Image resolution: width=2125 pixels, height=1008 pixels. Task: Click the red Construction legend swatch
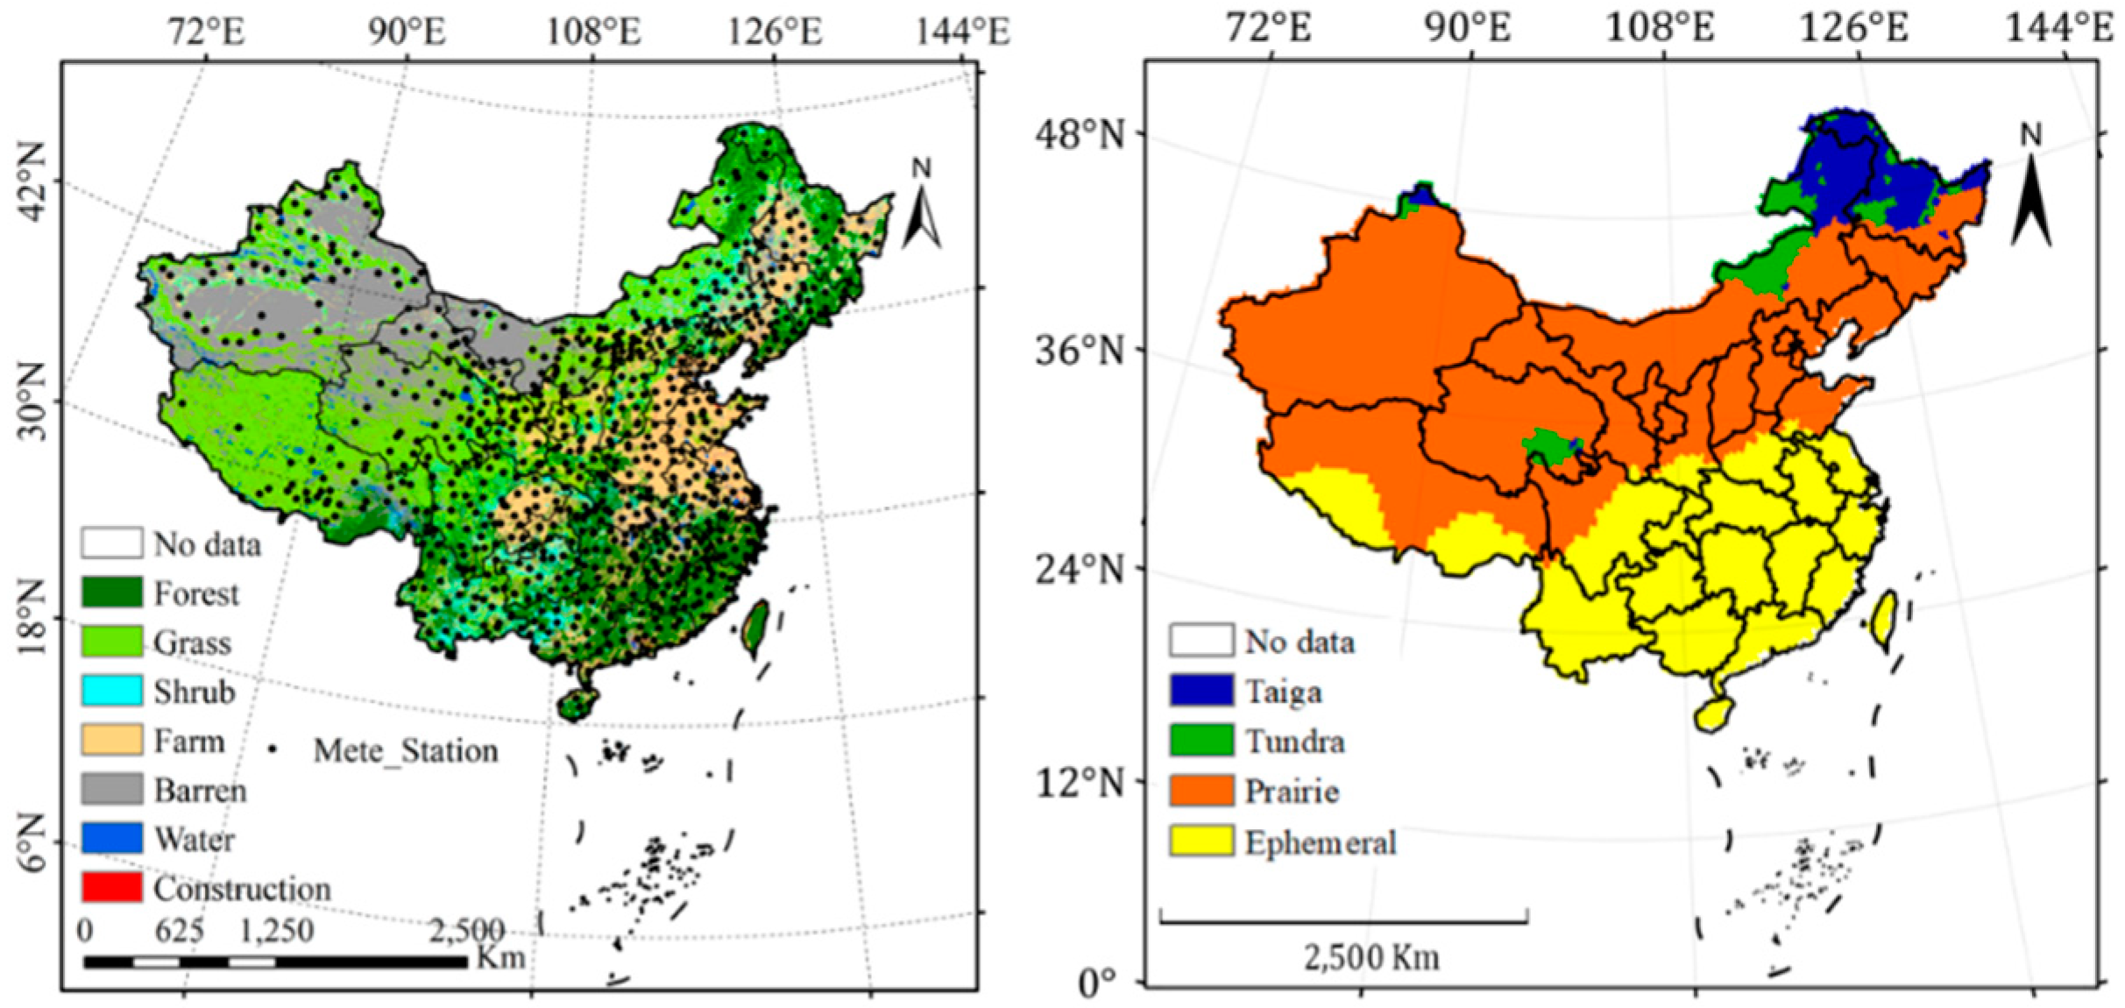tap(111, 887)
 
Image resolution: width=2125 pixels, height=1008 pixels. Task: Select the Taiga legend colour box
tap(1201, 691)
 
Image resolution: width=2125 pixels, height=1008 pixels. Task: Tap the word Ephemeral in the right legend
tap(1321, 842)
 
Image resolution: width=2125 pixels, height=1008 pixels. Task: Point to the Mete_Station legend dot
tap(273, 749)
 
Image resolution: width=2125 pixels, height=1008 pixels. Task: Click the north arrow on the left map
tap(921, 210)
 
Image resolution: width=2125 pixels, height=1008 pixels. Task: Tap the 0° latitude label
tap(1098, 983)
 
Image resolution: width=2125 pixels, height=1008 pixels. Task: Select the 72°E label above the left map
tap(207, 32)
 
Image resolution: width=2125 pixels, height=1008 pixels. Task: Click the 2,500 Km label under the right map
tap(1371, 957)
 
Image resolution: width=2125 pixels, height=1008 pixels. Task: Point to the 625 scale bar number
tap(179, 930)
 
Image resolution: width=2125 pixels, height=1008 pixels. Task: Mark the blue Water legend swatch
tap(111, 838)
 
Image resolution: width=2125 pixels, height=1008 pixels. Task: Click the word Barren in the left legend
tap(201, 791)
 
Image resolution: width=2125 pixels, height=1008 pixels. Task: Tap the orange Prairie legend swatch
tap(1201, 791)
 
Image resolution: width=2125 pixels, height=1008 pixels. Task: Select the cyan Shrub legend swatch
tap(111, 691)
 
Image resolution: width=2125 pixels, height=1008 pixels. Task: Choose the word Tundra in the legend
tap(1295, 742)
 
